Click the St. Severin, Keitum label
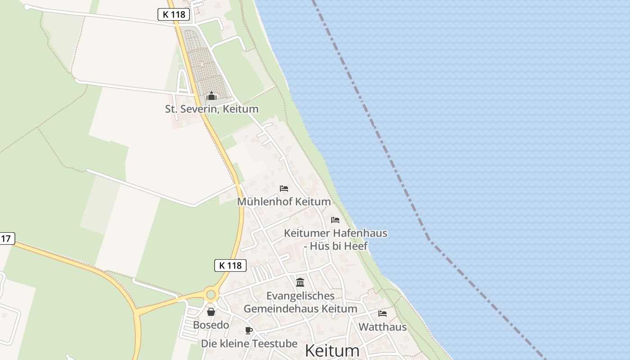click(x=211, y=109)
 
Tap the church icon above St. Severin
click(x=211, y=96)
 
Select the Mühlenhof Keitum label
click(x=284, y=202)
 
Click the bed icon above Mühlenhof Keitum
click(x=284, y=188)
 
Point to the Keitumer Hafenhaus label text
click(x=336, y=234)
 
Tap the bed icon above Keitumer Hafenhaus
click(x=335, y=220)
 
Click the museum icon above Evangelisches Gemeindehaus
click(x=300, y=282)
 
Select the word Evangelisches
click(x=301, y=296)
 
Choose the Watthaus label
click(x=382, y=327)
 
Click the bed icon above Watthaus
click(x=382, y=313)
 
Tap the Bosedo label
click(x=211, y=325)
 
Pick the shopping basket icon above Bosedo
click(x=211, y=311)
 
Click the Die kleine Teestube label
click(x=249, y=344)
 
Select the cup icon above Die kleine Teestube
click(x=249, y=331)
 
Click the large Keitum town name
click(x=333, y=351)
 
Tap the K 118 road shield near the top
click(x=174, y=14)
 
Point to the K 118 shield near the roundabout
click(x=230, y=265)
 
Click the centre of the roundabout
click(x=211, y=295)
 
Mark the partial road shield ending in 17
click(x=6, y=238)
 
